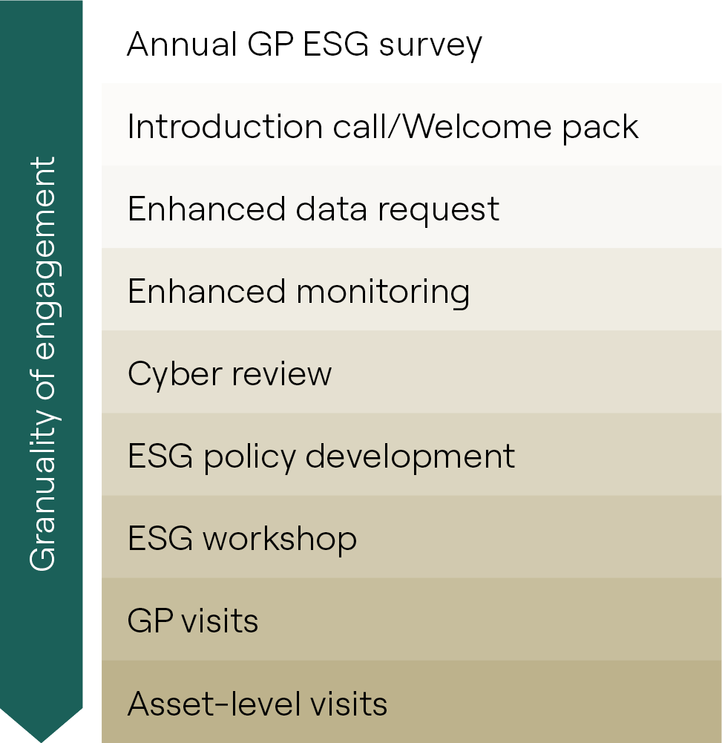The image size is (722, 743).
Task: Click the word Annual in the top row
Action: point(182,44)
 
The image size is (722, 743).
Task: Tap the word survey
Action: point(430,47)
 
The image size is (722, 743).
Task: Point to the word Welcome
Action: point(478,126)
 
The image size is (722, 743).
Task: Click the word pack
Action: point(600,128)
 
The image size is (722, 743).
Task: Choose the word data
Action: point(331,209)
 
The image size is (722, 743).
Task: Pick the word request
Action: point(439,212)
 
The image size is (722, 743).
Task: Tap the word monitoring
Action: point(384,293)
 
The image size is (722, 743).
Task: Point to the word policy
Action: point(249,458)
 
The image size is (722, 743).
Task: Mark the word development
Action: point(410,458)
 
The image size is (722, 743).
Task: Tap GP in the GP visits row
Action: point(150,621)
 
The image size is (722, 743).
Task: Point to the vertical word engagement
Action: point(46,258)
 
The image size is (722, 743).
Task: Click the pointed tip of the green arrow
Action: point(42,742)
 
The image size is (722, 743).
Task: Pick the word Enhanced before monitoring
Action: point(206,291)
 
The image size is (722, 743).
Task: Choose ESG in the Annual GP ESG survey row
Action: point(335,44)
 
